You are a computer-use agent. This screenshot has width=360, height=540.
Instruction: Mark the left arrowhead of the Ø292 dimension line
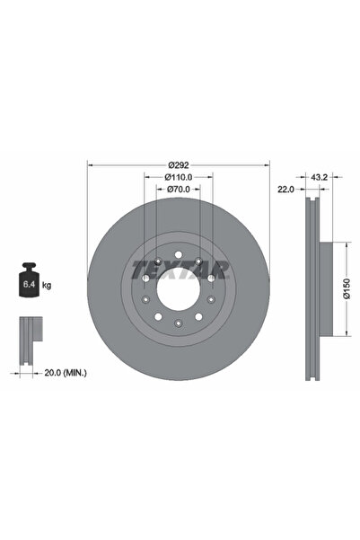(90, 165)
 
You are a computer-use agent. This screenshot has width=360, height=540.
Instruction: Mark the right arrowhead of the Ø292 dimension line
(268, 165)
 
